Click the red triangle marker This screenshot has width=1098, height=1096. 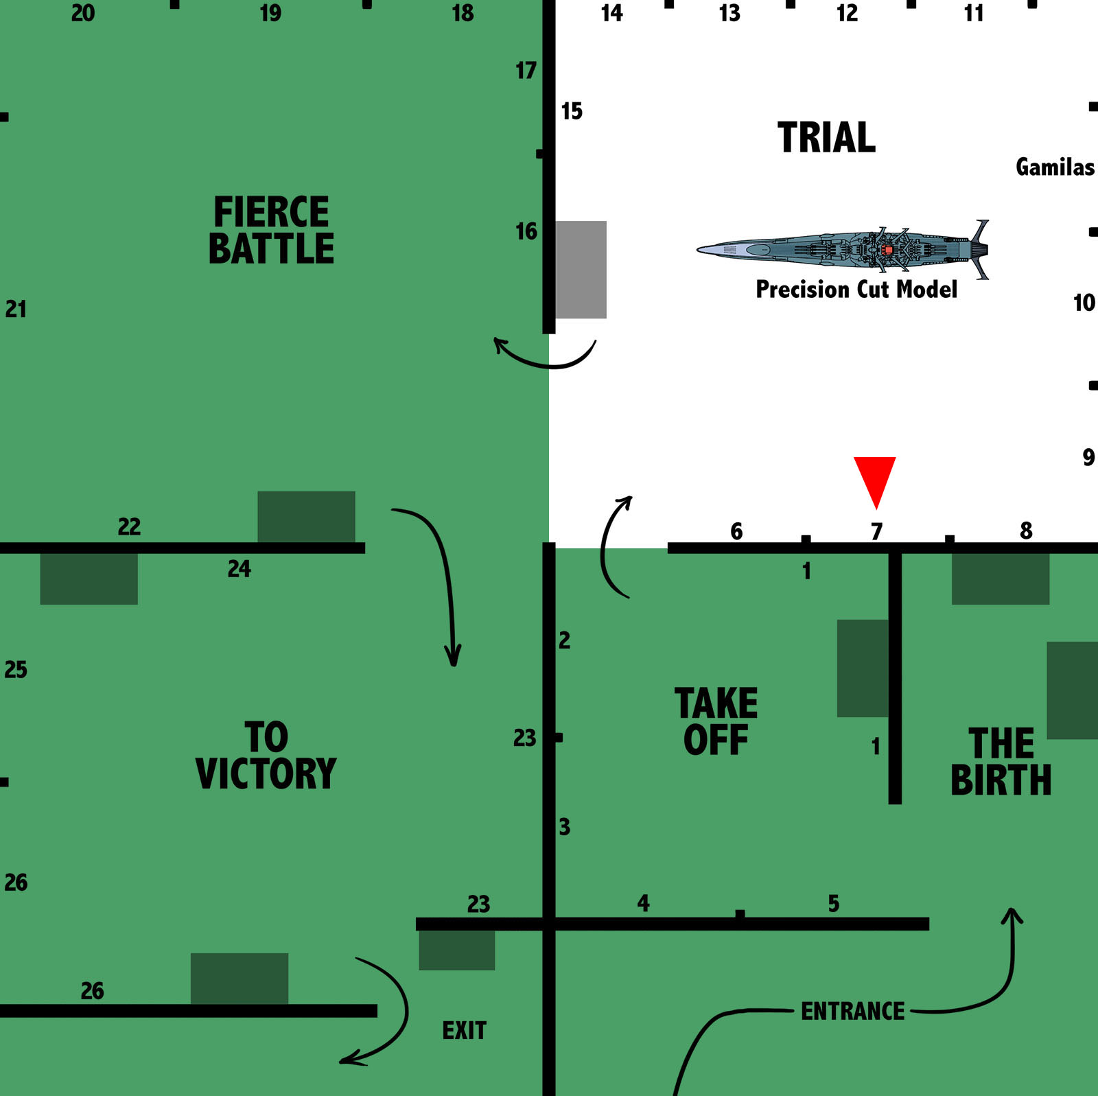pos(875,478)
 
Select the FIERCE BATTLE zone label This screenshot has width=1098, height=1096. pos(271,230)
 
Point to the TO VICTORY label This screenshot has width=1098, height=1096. pos(266,756)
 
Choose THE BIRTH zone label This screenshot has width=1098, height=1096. pos(1001,762)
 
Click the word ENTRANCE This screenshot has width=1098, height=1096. pos(853,1011)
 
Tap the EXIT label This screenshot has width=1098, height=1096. pos(464,1030)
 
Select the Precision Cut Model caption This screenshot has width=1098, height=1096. pos(856,289)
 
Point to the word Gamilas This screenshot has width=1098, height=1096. pos(1055,167)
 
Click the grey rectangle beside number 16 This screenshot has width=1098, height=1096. pos(581,270)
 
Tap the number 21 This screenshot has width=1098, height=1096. pos(16,309)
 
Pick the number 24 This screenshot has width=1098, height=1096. pos(240,568)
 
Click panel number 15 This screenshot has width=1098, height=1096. pos(572,111)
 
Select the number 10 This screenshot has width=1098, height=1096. pos(1084,303)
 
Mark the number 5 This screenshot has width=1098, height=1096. pos(834,903)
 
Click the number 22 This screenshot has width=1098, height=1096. pos(129,526)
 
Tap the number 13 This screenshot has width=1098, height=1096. pos(729,13)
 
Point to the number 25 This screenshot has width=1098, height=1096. pos(16,669)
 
